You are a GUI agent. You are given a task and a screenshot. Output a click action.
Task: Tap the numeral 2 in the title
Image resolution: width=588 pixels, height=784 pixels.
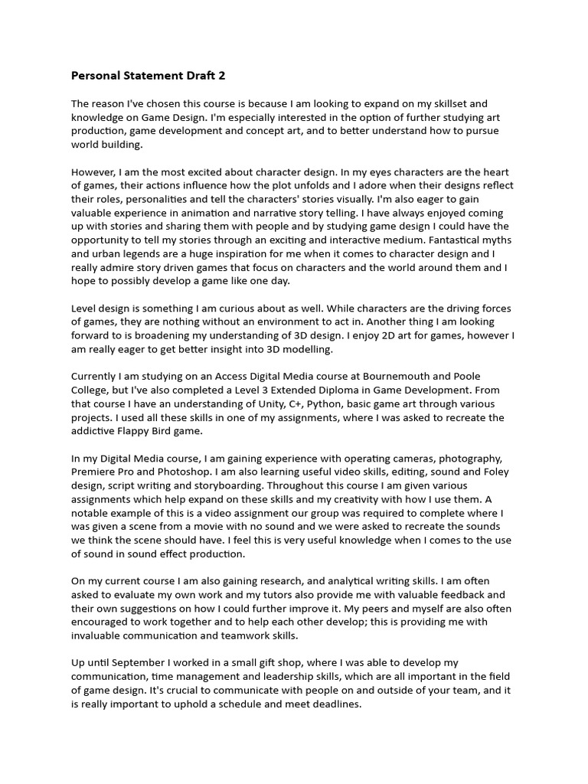[222, 76]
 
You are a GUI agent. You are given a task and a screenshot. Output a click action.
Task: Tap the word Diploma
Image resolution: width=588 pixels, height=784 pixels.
[341, 390]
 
